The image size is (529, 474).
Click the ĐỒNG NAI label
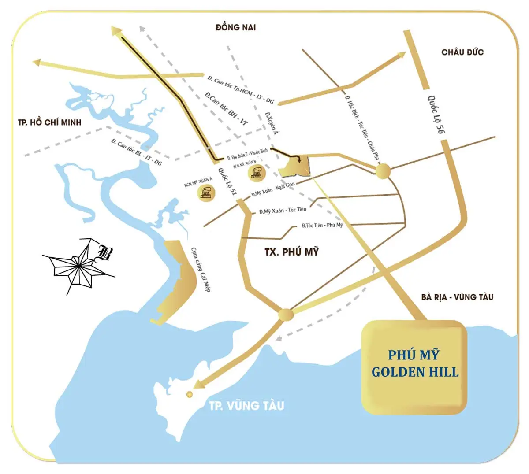(235, 27)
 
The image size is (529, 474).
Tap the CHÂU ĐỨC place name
(462, 52)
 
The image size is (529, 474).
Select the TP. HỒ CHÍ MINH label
(50, 122)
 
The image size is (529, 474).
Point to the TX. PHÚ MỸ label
(291, 252)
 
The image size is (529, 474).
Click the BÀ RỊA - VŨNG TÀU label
(457, 297)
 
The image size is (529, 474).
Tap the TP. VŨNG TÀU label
(246, 405)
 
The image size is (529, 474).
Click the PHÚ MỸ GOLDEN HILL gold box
(414, 367)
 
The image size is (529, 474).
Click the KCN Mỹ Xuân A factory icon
(207, 193)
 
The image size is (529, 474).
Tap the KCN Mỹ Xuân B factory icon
(257, 172)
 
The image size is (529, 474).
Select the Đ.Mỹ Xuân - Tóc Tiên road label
(283, 211)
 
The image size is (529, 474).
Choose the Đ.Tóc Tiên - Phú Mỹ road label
(322, 226)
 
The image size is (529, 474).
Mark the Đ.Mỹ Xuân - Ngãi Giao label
(273, 190)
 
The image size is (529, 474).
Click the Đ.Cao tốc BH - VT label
(226, 108)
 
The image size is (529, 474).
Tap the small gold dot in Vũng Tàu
(190, 394)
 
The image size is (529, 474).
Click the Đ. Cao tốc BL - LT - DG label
(137, 152)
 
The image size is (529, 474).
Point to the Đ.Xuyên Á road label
(272, 124)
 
